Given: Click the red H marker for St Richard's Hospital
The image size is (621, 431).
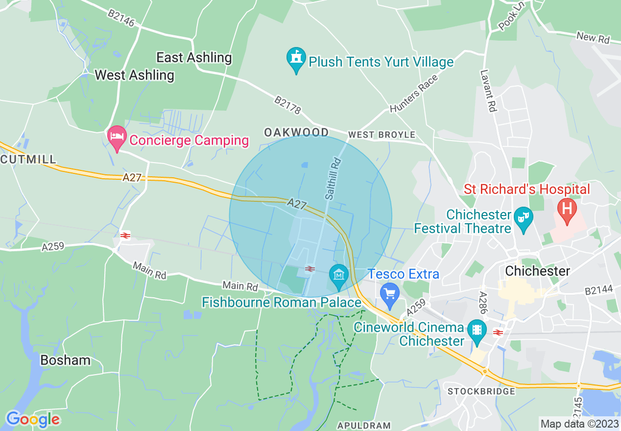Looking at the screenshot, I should click(567, 208).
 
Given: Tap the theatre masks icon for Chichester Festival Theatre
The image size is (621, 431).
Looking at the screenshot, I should click(524, 215).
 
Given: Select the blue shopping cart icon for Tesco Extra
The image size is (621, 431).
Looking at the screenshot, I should click(390, 294).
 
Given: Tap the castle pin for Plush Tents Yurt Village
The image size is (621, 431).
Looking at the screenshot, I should click(296, 58).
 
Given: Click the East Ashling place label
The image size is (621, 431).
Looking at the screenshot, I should click(194, 58).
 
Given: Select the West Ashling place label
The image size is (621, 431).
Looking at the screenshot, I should click(134, 75).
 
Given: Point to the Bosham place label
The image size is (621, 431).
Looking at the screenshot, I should click(65, 360).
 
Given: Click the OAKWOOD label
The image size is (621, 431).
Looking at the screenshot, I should click(296, 133).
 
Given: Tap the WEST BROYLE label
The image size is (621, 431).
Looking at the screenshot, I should click(382, 135).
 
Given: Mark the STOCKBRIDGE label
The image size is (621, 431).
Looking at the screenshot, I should click(481, 391).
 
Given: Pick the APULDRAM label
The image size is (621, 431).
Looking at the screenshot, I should click(364, 426).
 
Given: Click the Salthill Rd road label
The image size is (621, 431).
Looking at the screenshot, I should click(333, 178).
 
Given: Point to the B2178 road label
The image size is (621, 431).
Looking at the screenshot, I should click(287, 105).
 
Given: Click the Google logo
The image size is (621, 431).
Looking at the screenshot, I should click(32, 419).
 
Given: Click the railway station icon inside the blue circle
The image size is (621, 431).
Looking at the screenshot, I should click(309, 268).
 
